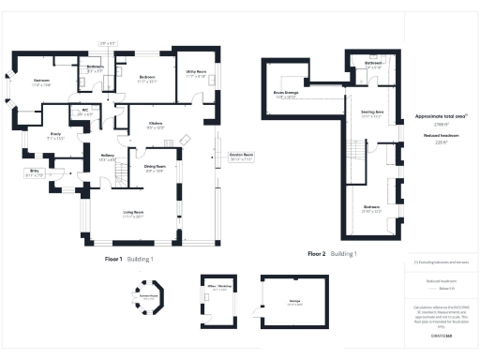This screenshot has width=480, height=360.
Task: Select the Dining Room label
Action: point(155,168)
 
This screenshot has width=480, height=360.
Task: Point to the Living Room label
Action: point(132,213)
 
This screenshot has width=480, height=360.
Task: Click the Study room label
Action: point(56,136)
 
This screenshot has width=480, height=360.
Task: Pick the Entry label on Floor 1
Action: point(35,172)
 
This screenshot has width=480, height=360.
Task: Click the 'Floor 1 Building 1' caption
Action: point(129,258)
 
